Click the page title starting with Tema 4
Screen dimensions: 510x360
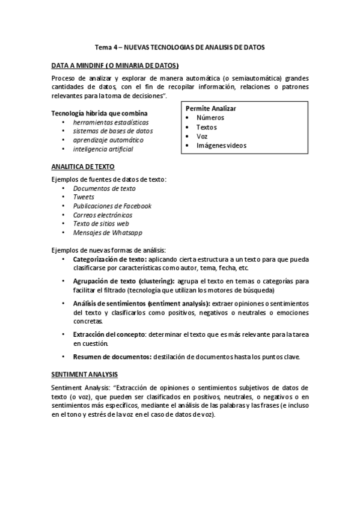pos(180,46)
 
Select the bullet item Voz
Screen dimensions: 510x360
pos(202,136)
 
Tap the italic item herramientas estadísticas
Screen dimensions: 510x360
pos(111,121)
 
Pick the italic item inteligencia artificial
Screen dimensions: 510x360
pos(103,149)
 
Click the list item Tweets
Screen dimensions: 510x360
pos(84,197)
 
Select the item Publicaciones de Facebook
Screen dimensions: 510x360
pos(112,206)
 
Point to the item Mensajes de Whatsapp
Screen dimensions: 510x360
pos(108,233)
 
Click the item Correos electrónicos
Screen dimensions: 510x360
pos(103,215)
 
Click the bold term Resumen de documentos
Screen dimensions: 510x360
pos(112,356)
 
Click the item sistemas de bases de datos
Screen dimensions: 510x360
pos(113,131)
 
